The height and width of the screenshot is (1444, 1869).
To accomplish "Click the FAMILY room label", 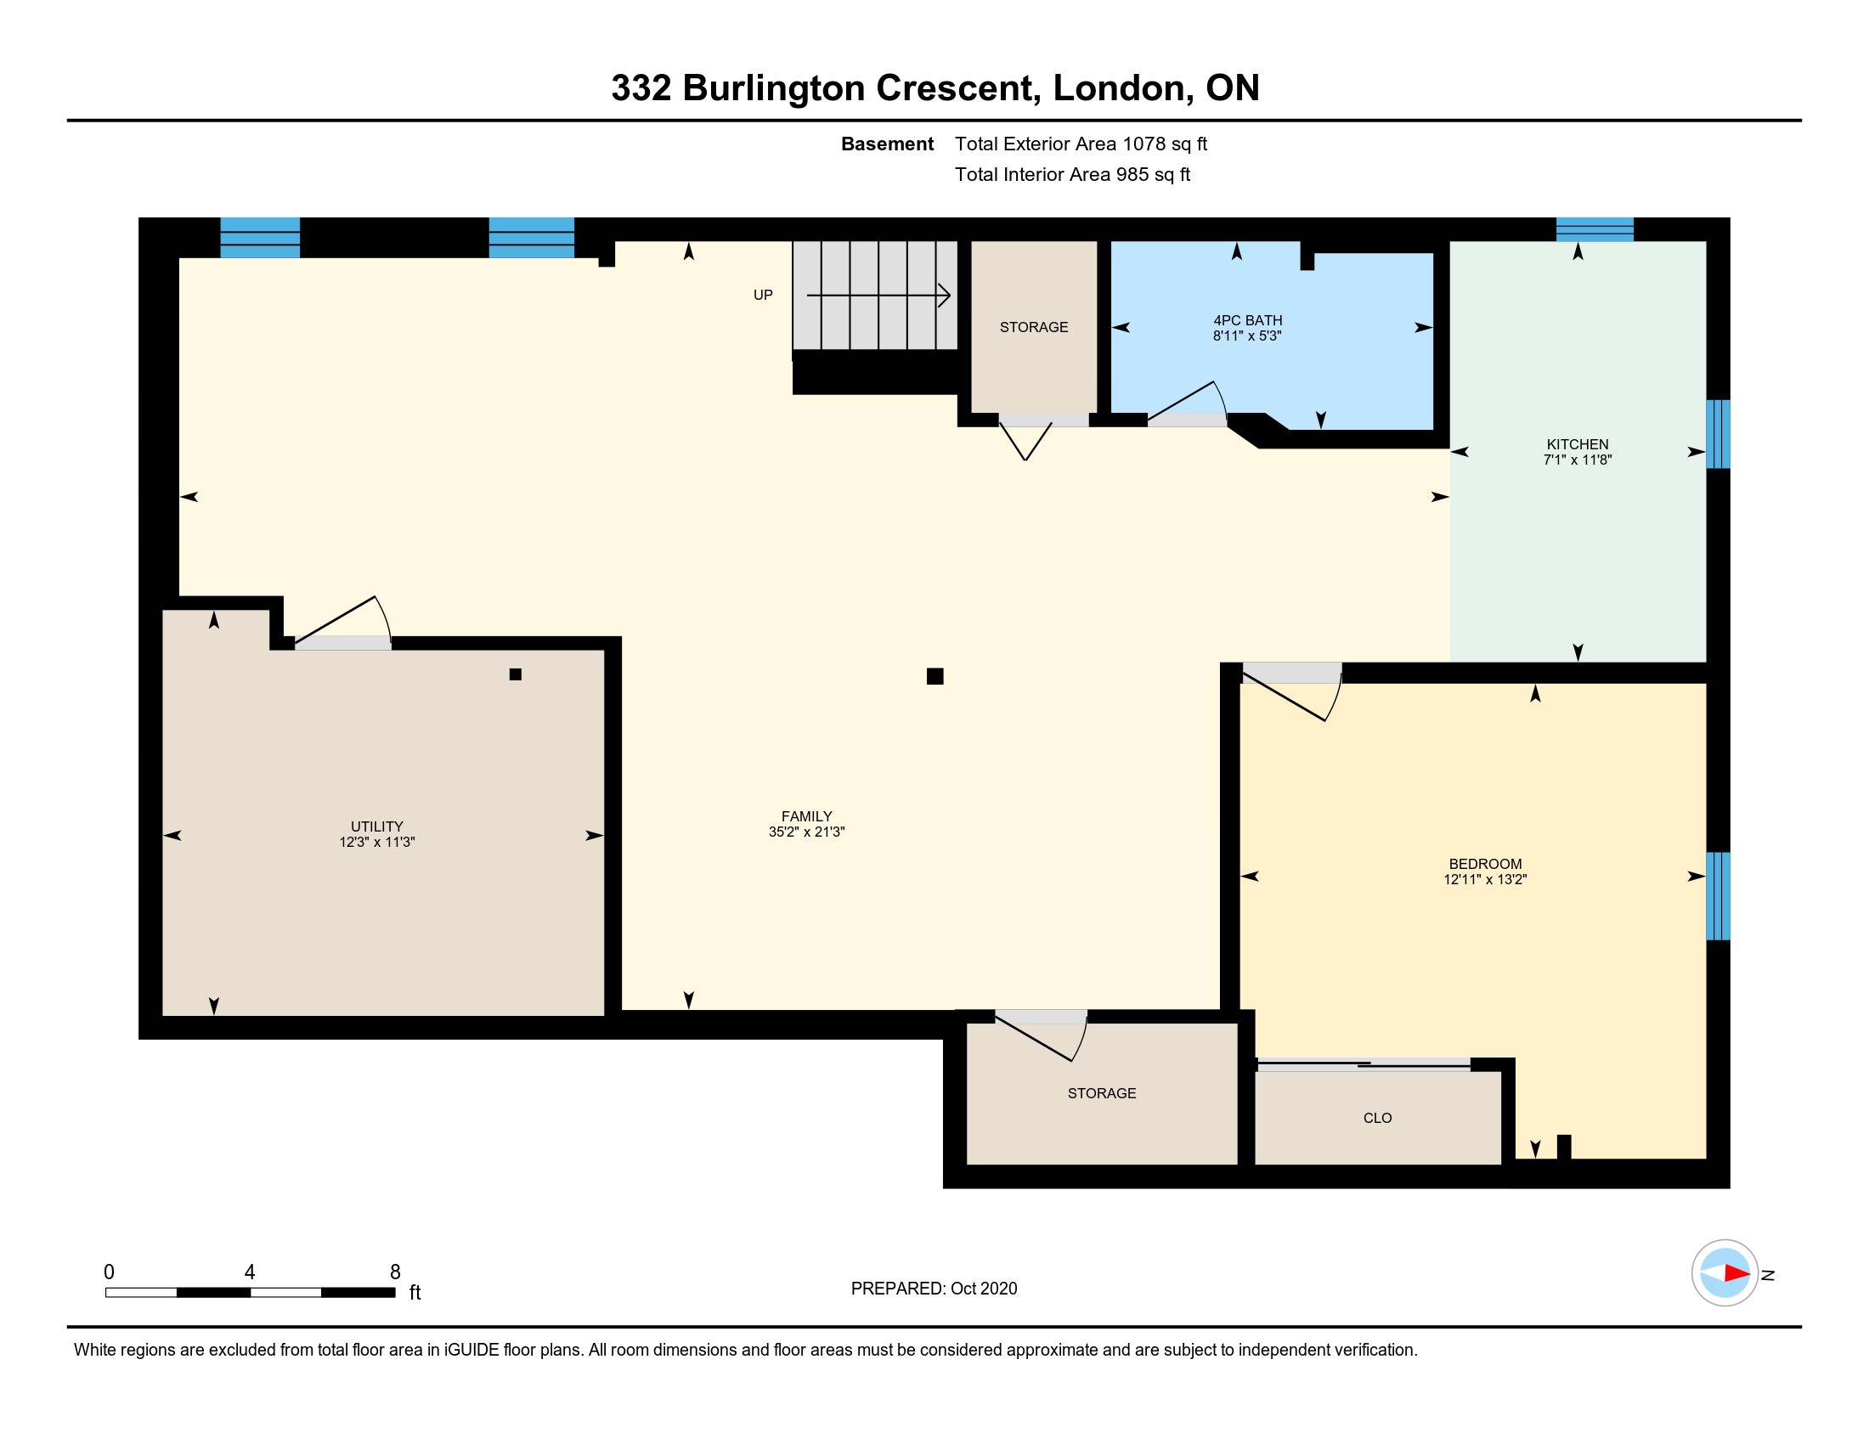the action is pyautogui.click(x=806, y=816).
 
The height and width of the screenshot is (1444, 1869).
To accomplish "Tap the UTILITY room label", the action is pyautogui.click(x=376, y=826).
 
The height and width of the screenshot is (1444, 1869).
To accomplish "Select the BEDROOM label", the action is pyautogui.click(x=1485, y=864).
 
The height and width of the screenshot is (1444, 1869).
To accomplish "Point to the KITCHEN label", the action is pyautogui.click(x=1578, y=444).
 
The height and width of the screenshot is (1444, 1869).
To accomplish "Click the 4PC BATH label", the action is pyautogui.click(x=1248, y=320).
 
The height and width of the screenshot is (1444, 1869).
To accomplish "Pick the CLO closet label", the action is pyautogui.click(x=1377, y=1118).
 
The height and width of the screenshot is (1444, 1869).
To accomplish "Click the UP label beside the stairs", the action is pyautogui.click(x=763, y=295).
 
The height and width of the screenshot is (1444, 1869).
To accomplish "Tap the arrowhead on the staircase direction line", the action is pyautogui.click(x=945, y=295).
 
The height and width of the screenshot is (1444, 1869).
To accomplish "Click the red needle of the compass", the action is pyautogui.click(x=1736, y=1273).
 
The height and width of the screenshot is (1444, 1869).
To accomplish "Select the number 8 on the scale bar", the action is pyautogui.click(x=395, y=1272).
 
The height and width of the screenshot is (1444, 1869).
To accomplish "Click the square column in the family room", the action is pyautogui.click(x=934, y=677).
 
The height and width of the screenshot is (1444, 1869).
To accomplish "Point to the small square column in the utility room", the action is pyautogui.click(x=515, y=674).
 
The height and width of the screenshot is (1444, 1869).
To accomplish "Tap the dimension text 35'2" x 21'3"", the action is pyautogui.click(x=806, y=832).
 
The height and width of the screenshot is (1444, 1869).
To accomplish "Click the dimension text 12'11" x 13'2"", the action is pyautogui.click(x=1485, y=879).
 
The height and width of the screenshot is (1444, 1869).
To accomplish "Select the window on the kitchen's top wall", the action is pyautogui.click(x=1595, y=229).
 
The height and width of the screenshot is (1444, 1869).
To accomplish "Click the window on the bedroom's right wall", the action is pyautogui.click(x=1718, y=895).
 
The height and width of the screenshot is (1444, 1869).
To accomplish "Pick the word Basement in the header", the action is pyautogui.click(x=887, y=144).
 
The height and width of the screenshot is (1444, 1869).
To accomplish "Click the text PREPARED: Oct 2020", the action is pyautogui.click(x=934, y=1289).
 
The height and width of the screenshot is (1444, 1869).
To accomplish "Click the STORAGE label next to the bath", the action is pyautogui.click(x=1034, y=327).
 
